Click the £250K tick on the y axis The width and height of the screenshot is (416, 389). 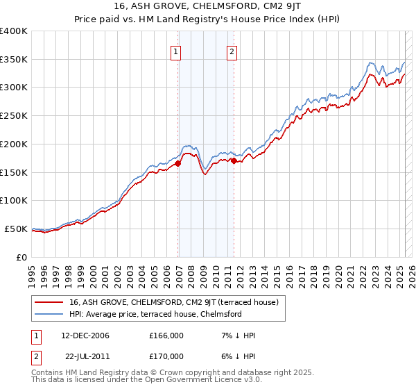point(14,116)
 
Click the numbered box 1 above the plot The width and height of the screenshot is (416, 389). point(176,51)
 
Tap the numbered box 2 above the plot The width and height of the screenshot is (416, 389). point(232,51)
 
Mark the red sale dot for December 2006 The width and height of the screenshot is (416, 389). point(178,164)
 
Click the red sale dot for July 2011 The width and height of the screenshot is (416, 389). point(234,161)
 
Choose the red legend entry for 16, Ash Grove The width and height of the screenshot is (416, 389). point(173,302)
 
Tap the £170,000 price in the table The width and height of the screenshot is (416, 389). point(166,356)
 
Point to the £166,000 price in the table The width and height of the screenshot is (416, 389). point(166,336)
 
